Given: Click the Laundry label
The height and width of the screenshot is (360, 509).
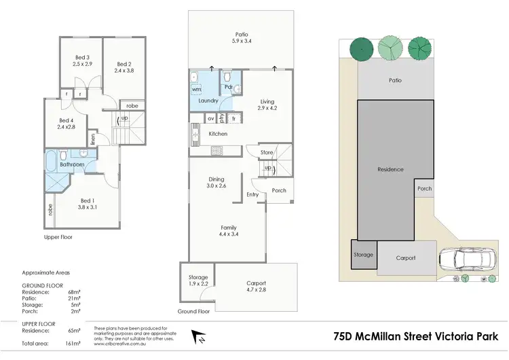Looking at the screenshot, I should [x=208, y=101].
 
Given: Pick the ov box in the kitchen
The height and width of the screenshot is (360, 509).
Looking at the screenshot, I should [x=211, y=118].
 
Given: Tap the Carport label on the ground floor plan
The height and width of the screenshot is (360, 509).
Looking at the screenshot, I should [x=256, y=283].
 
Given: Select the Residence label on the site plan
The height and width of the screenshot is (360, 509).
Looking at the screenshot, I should [x=390, y=169].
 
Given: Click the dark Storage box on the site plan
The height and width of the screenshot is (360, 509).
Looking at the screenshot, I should [x=364, y=255].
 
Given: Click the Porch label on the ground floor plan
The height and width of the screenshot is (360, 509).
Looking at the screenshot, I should [x=279, y=191].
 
